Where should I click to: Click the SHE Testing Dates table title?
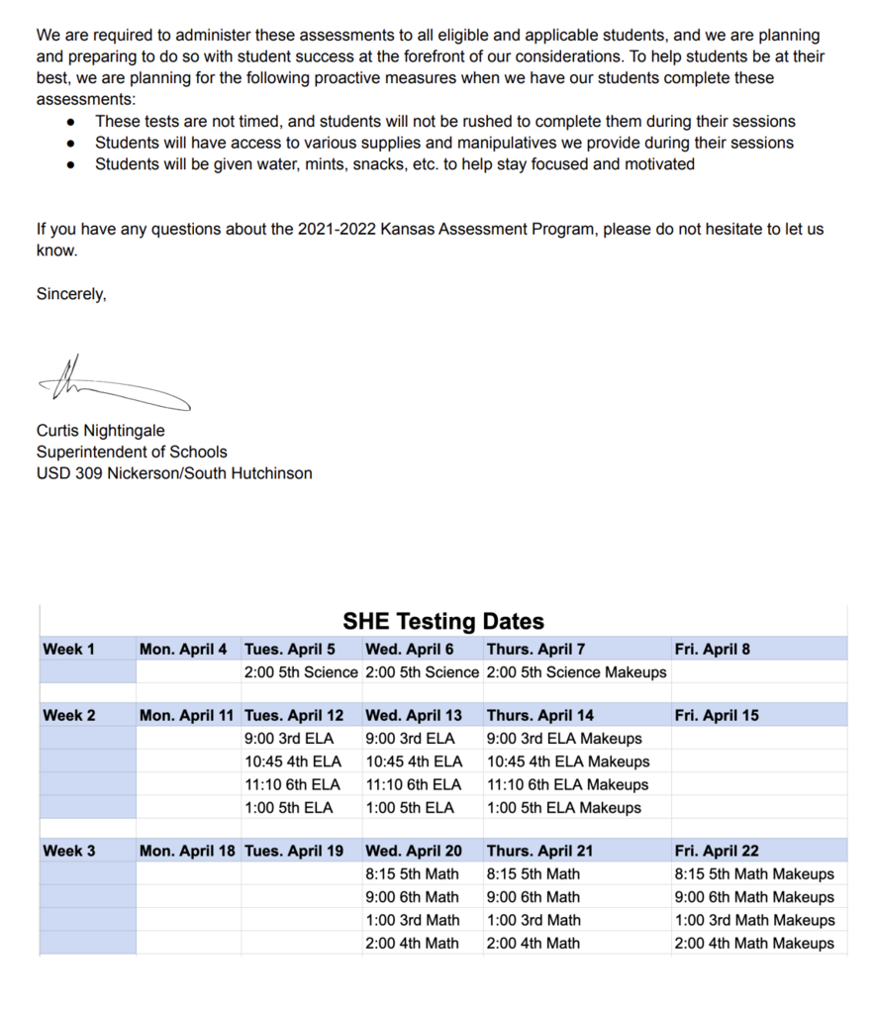[443, 622]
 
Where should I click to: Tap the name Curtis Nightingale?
[100, 431]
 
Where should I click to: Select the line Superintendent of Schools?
[132, 452]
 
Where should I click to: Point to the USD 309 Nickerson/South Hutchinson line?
[174, 473]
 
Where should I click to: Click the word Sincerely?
[71, 294]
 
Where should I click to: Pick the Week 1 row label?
[69, 650]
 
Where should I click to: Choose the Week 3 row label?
[69, 851]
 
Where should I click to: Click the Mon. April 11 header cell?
[187, 715]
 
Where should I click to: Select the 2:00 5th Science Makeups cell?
[576, 672]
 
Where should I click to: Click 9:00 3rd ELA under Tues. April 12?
[289, 738]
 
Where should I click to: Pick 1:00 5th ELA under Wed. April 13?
[410, 807]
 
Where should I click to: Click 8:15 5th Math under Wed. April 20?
[412, 873]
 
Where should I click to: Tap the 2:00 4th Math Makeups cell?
[754, 943]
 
